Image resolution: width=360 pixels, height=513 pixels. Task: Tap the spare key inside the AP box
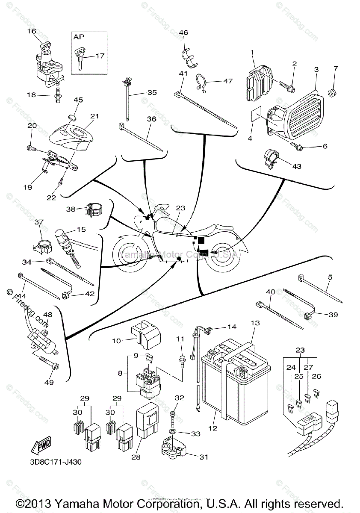pos(80,57)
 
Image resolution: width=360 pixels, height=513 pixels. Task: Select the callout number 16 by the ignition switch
pos(32,31)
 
